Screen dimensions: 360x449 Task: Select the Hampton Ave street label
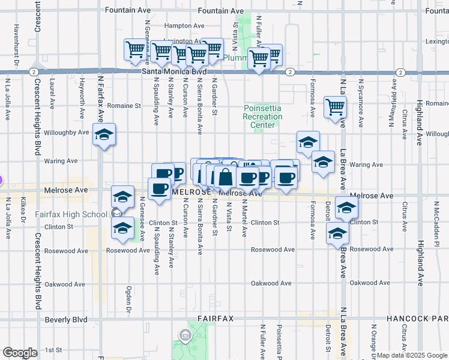pyautogui.click(x=184, y=26)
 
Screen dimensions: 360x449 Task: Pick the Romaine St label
pyautogui.click(x=127, y=105)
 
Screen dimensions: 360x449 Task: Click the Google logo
pyautogui.click(x=20, y=353)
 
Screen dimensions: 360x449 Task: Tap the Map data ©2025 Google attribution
pyautogui.click(x=402, y=355)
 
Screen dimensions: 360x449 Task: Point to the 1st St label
pyautogui.click(x=53, y=349)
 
